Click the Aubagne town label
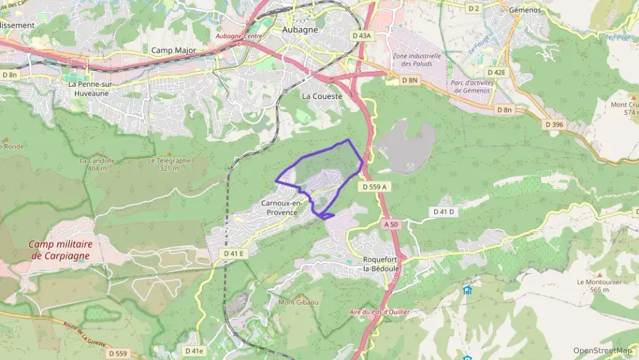point(301,30)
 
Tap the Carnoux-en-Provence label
point(280,208)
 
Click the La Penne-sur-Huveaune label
point(89,88)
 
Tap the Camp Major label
point(173,51)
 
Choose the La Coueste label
point(322,96)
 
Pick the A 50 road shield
point(391,224)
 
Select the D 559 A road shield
point(375,186)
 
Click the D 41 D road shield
point(443,212)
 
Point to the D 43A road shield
point(362,35)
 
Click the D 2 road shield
point(473,9)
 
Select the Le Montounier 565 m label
point(593,286)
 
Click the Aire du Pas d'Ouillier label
point(379,312)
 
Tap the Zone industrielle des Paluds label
point(416,59)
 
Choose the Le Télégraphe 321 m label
point(170,164)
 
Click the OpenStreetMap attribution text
point(603,350)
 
